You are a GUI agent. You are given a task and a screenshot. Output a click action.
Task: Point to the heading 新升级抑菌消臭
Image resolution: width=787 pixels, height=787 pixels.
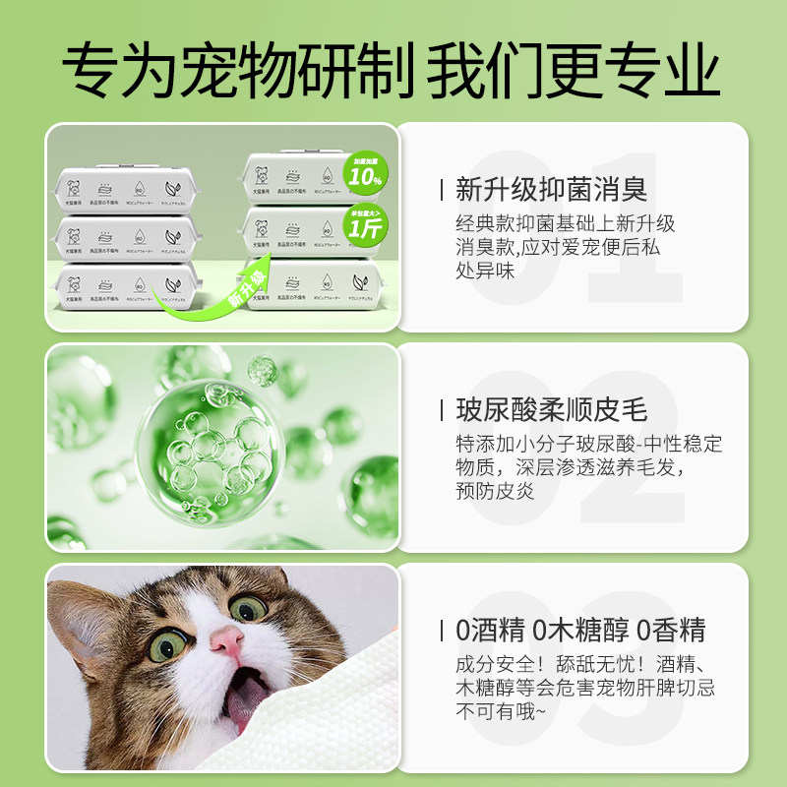point(551,189)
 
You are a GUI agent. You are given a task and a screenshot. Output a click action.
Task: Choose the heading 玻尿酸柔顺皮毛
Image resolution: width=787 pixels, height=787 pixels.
point(551,409)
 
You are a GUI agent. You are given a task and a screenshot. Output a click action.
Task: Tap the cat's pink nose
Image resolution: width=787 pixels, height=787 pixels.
point(227,640)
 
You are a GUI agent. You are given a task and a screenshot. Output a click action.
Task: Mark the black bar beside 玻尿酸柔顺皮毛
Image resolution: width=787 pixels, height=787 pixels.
point(445,409)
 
